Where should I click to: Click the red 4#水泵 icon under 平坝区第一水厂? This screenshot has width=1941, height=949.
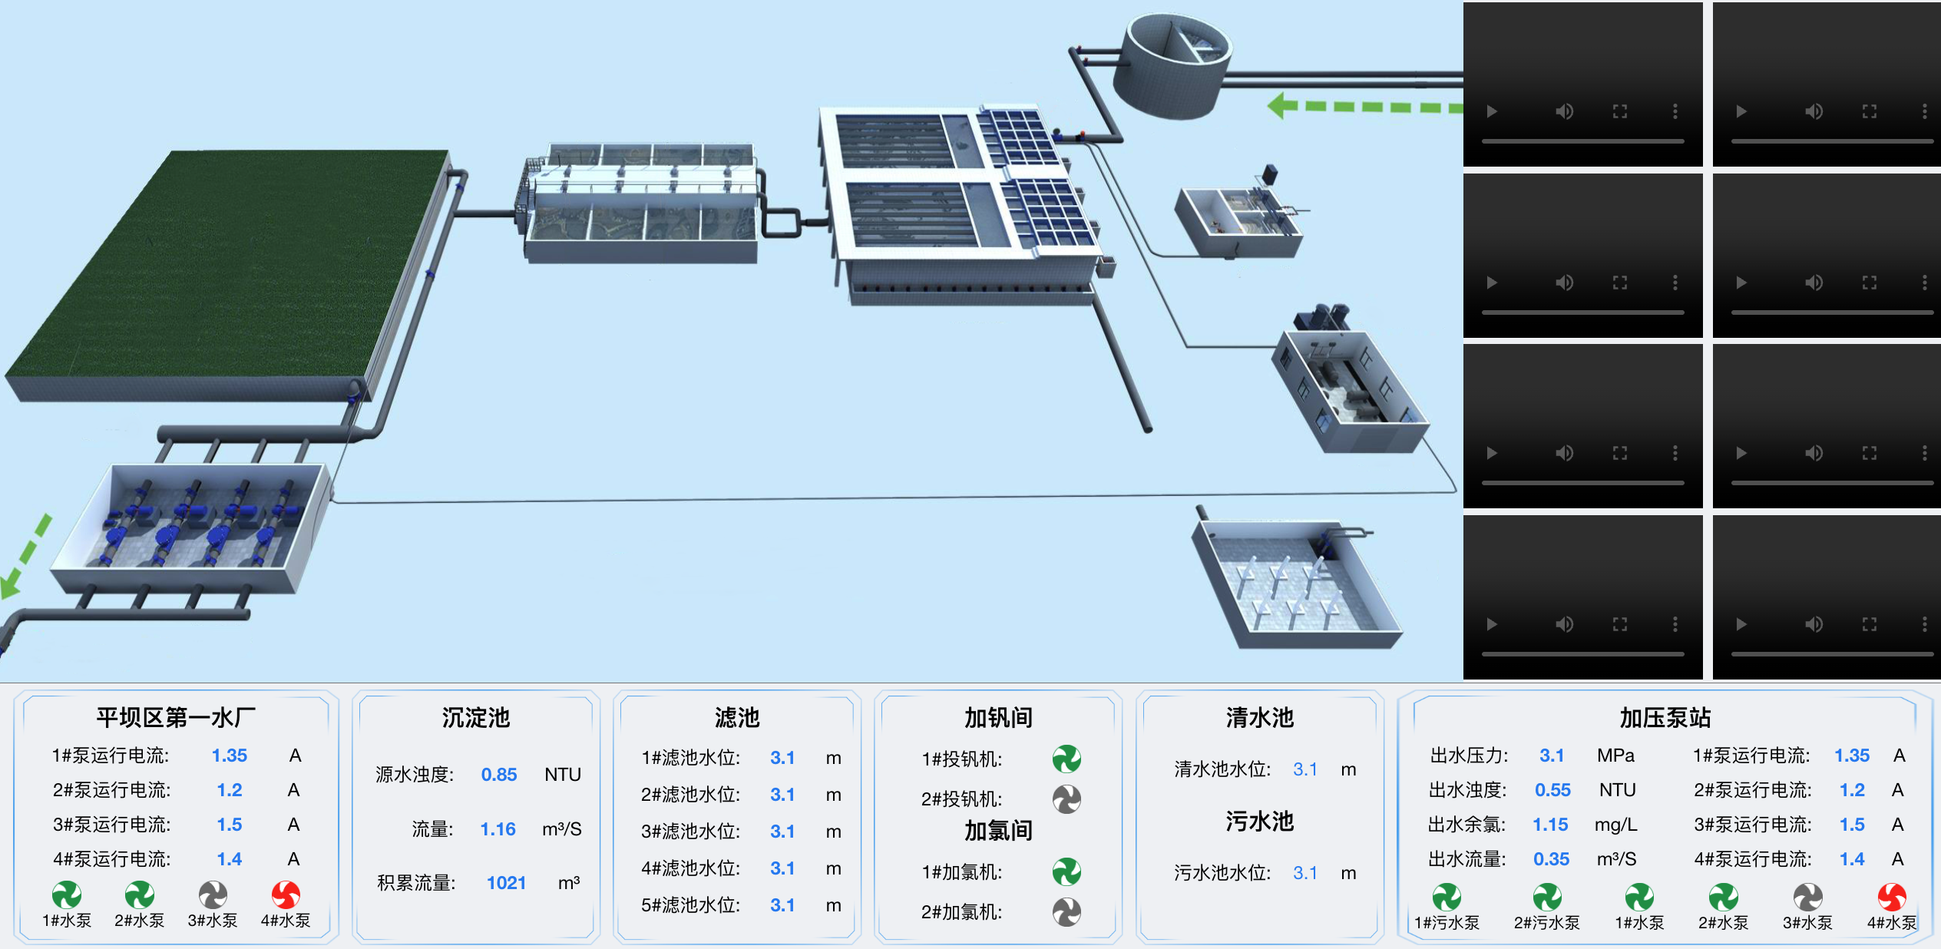tap(286, 894)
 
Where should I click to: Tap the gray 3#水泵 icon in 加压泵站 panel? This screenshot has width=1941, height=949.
tap(1807, 897)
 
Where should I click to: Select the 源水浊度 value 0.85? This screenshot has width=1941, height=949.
tap(499, 775)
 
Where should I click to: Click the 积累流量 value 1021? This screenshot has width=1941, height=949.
tap(506, 883)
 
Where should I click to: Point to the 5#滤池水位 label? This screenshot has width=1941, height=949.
tap(690, 905)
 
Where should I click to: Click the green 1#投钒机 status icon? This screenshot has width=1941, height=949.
tap(1066, 759)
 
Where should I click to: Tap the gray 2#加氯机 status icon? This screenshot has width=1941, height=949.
tap(1066, 912)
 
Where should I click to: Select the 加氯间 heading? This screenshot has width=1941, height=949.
tap(998, 831)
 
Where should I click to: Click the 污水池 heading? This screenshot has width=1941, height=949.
tap(1259, 822)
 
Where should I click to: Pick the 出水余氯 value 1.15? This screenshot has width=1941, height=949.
tap(1550, 825)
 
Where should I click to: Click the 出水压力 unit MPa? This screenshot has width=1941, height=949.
tap(1615, 756)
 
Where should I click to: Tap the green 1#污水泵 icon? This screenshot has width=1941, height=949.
tap(1447, 897)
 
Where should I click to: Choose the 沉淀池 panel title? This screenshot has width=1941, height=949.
tap(475, 718)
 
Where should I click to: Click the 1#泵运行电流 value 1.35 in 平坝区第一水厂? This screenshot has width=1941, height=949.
tap(230, 756)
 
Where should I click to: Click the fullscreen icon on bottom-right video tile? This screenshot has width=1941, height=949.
tap(1869, 624)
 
